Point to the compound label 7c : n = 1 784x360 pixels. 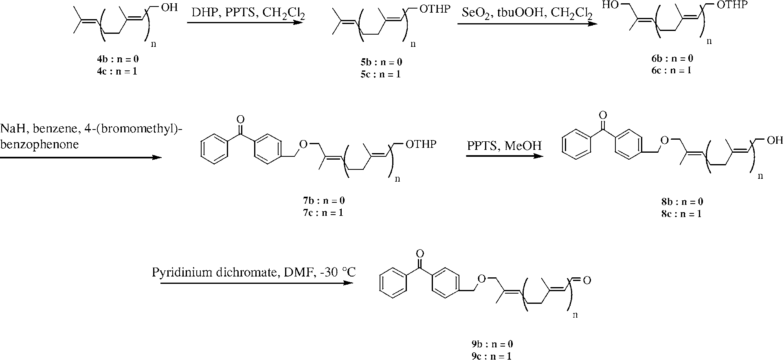(321, 213)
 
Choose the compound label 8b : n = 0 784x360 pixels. (682, 202)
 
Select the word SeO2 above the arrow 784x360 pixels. (474, 14)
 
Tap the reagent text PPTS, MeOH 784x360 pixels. (504, 146)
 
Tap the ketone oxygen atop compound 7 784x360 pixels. (240, 119)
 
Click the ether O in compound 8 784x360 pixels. (664, 140)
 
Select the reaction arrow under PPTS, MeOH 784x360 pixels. (504, 156)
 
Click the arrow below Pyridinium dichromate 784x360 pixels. (257, 282)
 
